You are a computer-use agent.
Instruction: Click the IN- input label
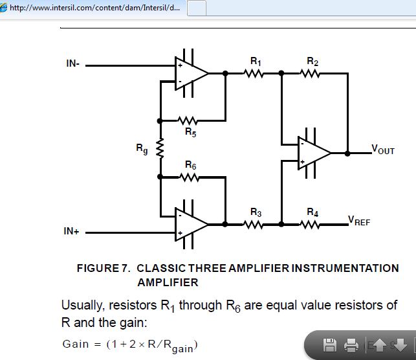tap(73, 63)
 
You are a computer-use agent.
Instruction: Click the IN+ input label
tap(72, 232)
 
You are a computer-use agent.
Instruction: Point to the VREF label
tap(360, 221)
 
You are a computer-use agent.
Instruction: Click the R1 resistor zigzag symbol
tap(254, 73)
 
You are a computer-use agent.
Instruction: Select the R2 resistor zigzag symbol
tap(312, 73)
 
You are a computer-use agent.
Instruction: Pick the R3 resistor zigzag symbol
tap(254, 225)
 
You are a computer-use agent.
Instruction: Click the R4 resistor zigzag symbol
tap(312, 225)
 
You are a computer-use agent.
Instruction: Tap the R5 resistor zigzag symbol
tap(189, 120)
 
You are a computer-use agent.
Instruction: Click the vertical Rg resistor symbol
tap(160, 149)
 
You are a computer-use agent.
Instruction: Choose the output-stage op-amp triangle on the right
tap(313, 153)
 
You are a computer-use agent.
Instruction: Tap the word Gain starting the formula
tap(75, 344)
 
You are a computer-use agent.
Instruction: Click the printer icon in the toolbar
tap(351, 344)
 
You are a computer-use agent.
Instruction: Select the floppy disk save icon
tap(330, 344)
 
